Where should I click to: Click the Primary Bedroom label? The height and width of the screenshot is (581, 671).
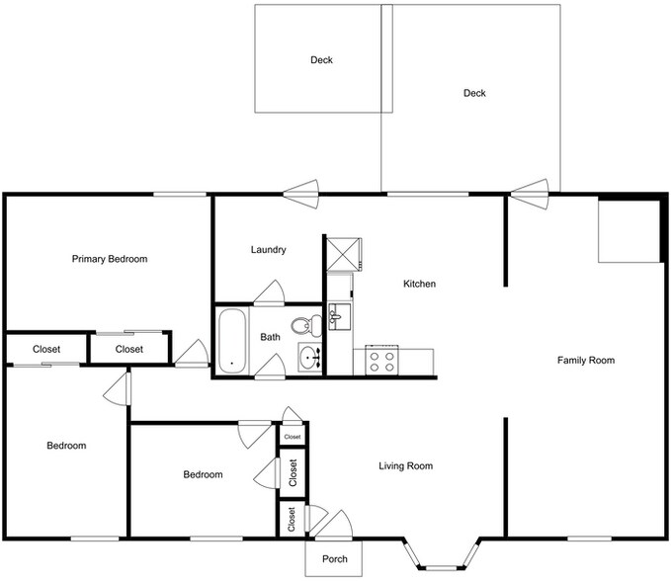[110, 259]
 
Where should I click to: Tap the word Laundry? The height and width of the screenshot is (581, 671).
[269, 250]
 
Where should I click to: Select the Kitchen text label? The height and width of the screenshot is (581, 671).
[419, 285]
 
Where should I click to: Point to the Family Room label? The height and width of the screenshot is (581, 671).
[586, 361]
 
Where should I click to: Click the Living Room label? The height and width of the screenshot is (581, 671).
[407, 466]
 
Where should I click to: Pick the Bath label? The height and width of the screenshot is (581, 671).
[270, 337]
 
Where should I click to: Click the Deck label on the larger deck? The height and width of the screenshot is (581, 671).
[474, 94]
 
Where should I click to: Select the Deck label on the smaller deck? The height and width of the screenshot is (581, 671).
[321, 60]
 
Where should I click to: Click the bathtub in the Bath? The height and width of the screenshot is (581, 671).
[232, 340]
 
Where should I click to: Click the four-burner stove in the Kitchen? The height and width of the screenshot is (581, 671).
[381, 360]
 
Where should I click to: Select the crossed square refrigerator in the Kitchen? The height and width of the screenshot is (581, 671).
[343, 253]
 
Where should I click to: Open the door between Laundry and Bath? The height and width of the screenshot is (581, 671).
[269, 293]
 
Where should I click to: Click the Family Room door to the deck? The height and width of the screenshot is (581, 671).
[531, 189]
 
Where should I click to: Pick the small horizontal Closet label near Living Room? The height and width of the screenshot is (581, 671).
[293, 436]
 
